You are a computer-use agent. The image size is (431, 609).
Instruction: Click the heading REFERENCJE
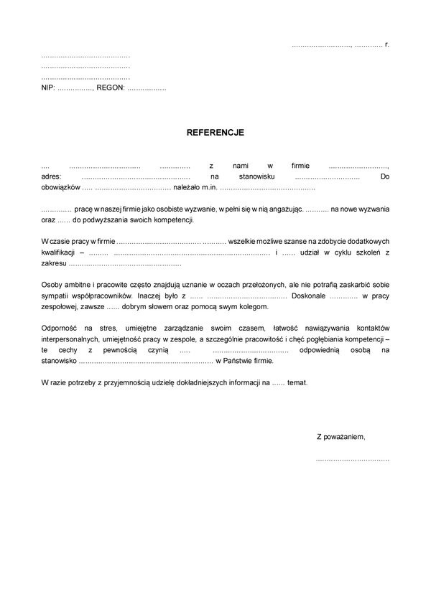coord(215,133)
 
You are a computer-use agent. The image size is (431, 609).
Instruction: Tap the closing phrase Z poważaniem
coord(340,436)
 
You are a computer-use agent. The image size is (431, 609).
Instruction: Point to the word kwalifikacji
coord(59,252)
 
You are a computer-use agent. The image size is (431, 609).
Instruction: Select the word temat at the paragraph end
coord(297,382)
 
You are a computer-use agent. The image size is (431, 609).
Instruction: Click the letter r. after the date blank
coord(386,45)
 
